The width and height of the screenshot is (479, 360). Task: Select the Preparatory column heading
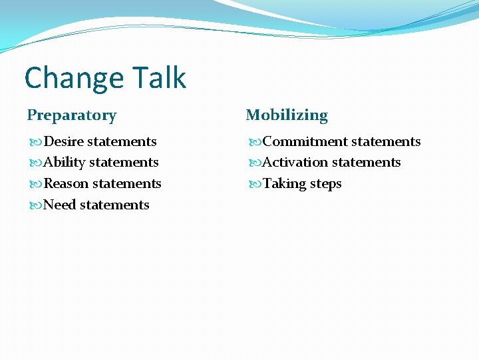(x=72, y=115)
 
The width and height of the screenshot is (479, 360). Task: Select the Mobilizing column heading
(x=287, y=115)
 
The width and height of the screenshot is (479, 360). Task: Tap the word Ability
(x=64, y=163)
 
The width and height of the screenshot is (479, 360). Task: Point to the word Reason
(x=66, y=183)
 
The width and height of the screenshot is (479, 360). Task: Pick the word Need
(x=59, y=205)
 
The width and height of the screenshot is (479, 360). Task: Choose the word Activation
(x=295, y=163)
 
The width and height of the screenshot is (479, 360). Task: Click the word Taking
(x=284, y=183)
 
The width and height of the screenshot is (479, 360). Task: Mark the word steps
(x=325, y=184)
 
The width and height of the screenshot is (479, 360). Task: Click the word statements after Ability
(x=124, y=163)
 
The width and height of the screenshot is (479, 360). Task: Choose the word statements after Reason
(x=126, y=183)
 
